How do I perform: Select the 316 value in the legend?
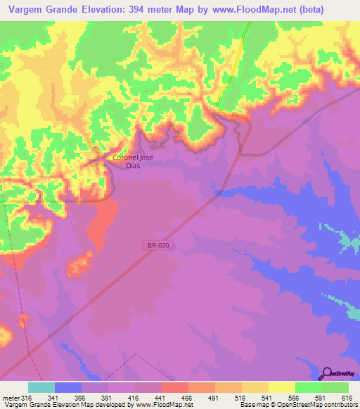27,398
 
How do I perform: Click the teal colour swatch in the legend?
41,387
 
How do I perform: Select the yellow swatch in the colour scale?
281,387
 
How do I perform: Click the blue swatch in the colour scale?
67,387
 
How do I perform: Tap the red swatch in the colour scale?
174,387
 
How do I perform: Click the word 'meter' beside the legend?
11,398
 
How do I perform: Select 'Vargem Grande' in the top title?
38,10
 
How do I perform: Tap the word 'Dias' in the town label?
133,166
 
